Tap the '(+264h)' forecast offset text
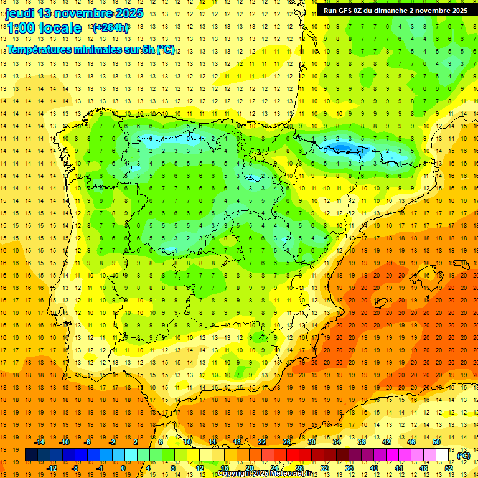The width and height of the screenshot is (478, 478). click(110, 28)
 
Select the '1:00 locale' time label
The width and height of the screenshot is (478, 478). click(44, 28)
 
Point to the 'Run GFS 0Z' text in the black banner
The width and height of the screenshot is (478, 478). click(346, 11)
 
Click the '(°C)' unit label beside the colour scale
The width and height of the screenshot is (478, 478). click(463, 456)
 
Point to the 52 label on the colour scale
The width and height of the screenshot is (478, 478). click(449, 468)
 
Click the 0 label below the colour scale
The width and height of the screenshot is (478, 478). click(123, 468)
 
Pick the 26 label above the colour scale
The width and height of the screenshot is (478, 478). click(287, 442)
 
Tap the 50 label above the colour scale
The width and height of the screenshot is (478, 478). click(436, 442)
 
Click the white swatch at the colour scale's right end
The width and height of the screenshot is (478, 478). click(443, 455)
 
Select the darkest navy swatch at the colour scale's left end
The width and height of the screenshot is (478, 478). click(31, 455)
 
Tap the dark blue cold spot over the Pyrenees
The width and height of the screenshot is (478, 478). click(341, 148)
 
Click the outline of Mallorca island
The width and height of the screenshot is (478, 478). click(386, 301)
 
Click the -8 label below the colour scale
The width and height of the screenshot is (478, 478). click(75, 468)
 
